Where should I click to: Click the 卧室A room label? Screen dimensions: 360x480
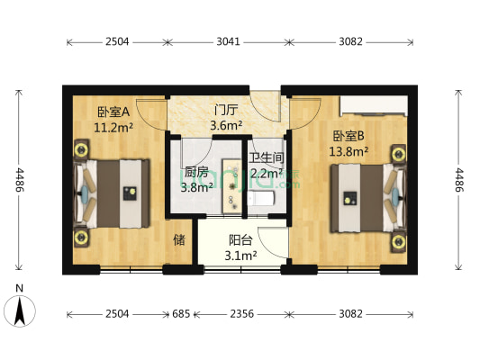click(113, 112)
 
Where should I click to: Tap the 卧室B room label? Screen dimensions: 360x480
click(349, 137)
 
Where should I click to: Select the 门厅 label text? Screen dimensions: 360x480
click(226, 111)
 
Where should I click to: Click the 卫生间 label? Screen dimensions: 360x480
click(267, 157)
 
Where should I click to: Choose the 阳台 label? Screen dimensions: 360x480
click(240, 240)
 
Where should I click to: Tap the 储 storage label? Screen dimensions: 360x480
click(179, 240)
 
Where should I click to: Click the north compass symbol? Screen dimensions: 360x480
click(20, 310)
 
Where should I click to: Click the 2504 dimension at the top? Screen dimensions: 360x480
click(116, 41)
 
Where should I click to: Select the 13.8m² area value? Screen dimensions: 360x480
click(349, 152)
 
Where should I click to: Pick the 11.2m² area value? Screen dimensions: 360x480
click(114, 128)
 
